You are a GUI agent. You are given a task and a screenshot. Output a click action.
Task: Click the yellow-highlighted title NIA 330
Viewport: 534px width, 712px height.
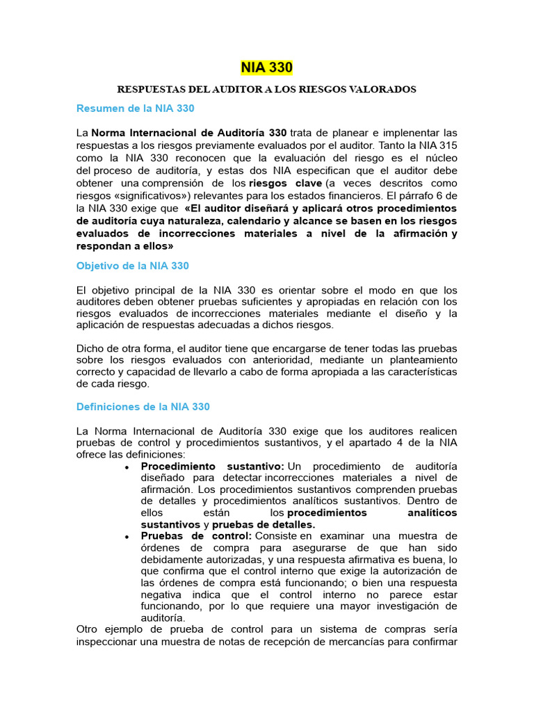[x=267, y=67]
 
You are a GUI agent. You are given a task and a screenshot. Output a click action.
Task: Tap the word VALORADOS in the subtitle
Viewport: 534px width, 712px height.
[x=387, y=90]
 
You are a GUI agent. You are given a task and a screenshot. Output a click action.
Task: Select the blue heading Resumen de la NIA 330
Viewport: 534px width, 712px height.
[x=135, y=108]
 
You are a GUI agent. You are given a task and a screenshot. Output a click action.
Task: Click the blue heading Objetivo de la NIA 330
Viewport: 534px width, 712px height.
[x=132, y=266]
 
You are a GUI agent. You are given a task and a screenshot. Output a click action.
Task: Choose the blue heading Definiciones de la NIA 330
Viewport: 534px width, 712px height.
[x=143, y=406]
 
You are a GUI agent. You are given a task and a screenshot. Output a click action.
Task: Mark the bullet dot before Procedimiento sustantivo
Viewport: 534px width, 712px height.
[x=127, y=467]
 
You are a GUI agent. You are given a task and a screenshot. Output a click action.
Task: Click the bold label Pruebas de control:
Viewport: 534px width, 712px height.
[x=196, y=535]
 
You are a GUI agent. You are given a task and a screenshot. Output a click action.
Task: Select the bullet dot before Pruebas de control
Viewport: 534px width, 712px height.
[x=127, y=536]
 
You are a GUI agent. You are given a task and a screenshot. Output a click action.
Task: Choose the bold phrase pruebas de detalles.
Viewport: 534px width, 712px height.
[x=264, y=524]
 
